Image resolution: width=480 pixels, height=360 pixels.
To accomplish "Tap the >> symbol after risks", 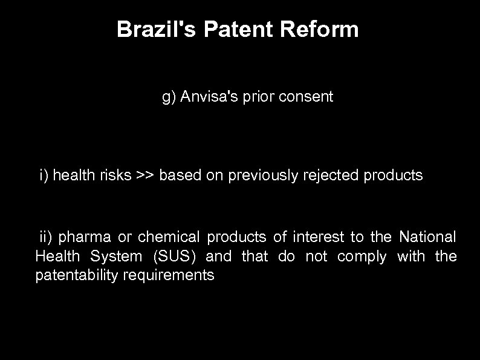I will pos(145,176).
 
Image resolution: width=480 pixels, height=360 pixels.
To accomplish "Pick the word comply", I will pos(362,257).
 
